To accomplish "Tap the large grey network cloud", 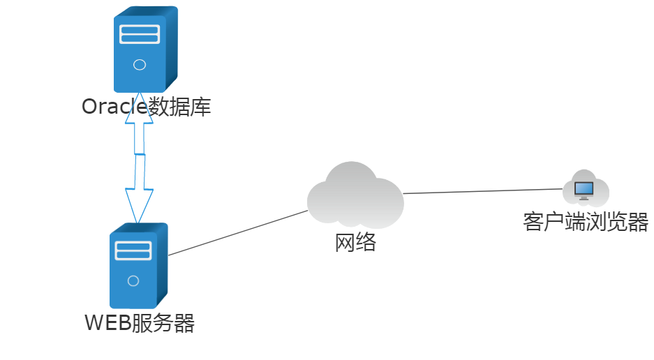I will coord(355,197).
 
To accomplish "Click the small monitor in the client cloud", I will coord(584,189).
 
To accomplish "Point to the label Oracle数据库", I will coord(146,107).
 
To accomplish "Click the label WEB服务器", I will coord(139,324).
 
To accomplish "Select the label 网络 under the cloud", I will coord(355,243).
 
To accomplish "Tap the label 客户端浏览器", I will coord(586,222).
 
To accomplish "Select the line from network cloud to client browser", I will coord(482,191).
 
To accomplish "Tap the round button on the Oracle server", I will coord(139,65).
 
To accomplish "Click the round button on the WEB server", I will coord(133,281).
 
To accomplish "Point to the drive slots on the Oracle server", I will coord(140,34).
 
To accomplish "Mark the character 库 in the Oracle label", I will coord(200,107).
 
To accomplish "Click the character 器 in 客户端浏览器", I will coord(638,222).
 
